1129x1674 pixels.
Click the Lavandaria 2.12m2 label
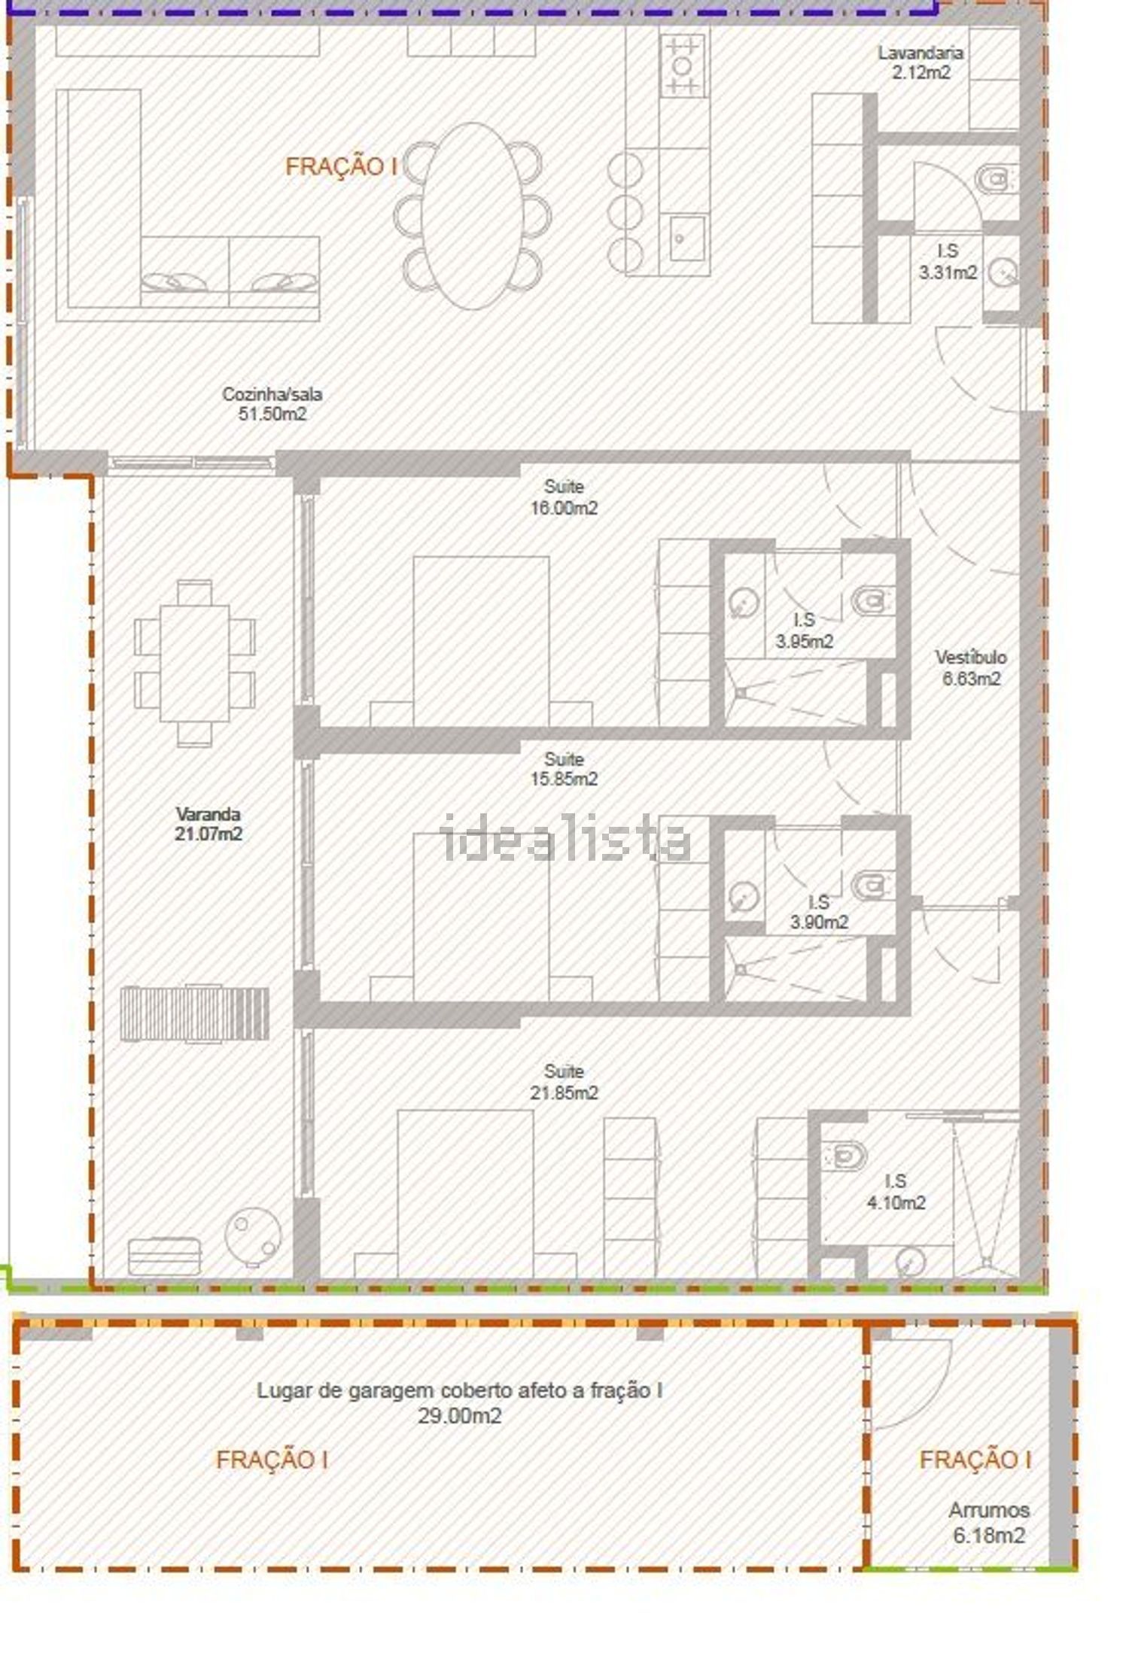point(920,62)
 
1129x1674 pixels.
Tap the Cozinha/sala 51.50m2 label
point(272,404)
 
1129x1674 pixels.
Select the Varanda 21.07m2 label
point(208,824)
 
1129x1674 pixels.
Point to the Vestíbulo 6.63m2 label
point(971,667)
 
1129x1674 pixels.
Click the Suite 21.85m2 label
point(564,1082)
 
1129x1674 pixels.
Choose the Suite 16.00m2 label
point(564,497)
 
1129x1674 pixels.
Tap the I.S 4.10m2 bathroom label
point(896,1192)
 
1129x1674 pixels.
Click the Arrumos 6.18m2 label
point(989,1523)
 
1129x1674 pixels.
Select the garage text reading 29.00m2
point(460,1416)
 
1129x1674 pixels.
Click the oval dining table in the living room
point(472,216)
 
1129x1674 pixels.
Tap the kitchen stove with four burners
point(683,65)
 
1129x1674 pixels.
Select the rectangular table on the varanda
point(195,663)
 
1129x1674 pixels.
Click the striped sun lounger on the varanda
point(194,1013)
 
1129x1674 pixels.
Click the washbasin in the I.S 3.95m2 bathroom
point(744,602)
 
